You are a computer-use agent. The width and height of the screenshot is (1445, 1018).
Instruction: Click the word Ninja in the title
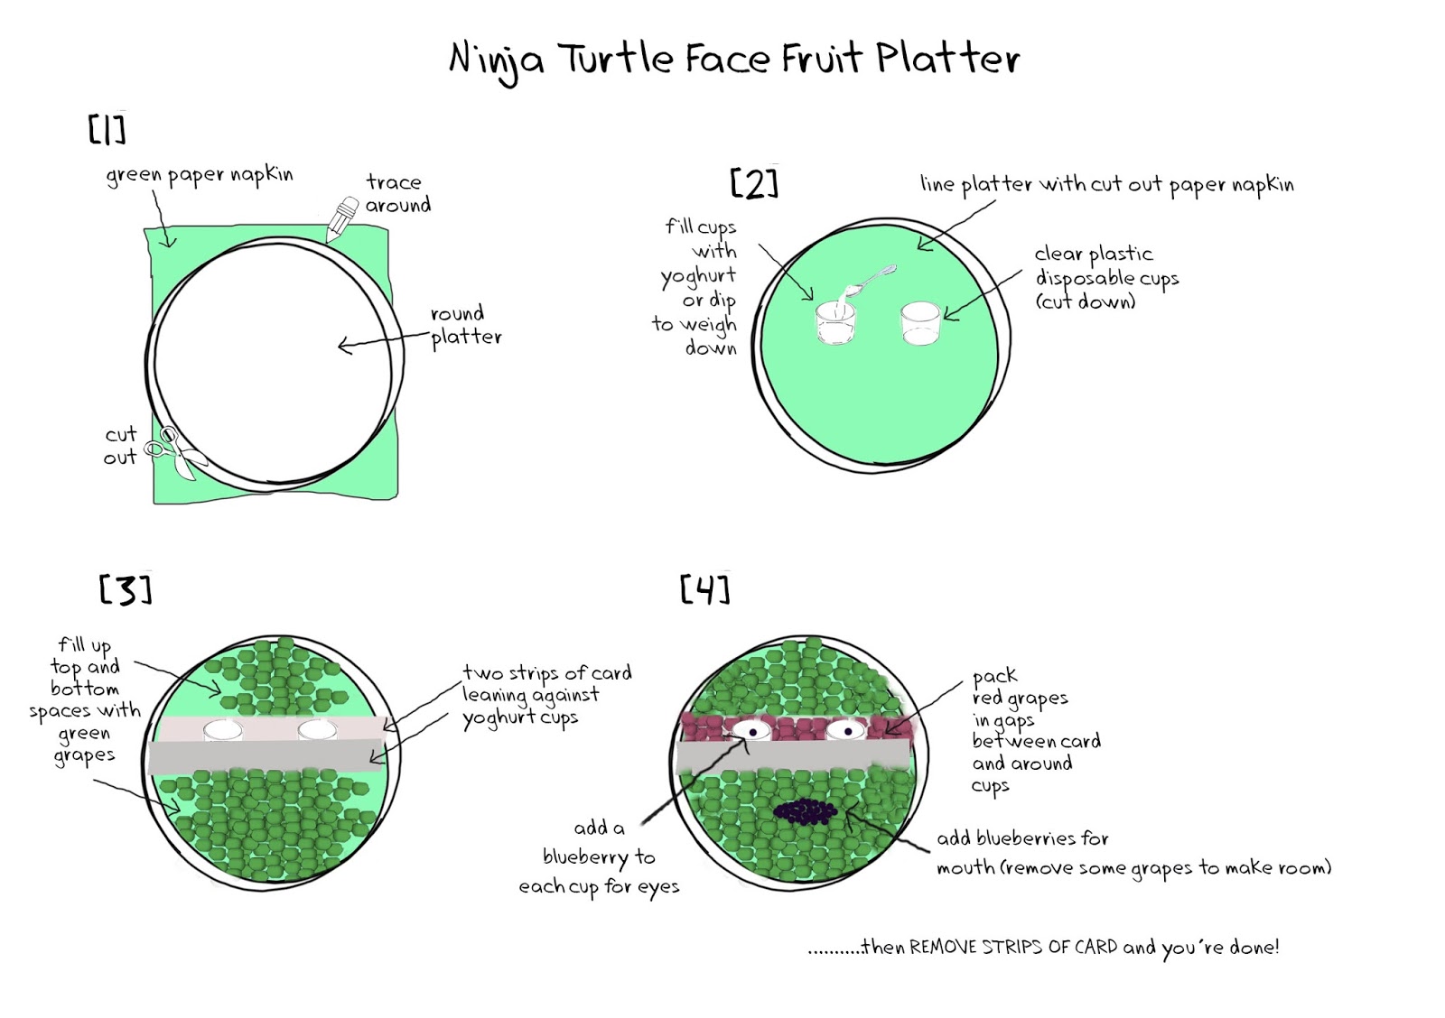click(x=496, y=60)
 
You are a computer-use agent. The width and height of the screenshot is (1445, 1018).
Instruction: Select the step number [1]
click(x=107, y=129)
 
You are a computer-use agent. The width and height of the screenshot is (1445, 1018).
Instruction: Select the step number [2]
click(x=753, y=183)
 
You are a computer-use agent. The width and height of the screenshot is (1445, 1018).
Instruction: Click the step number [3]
click(x=125, y=590)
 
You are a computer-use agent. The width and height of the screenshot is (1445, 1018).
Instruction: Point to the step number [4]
click(x=704, y=590)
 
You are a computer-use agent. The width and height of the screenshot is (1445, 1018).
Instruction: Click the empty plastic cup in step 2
click(x=921, y=323)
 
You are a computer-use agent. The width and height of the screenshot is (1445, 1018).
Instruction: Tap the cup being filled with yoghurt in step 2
click(x=834, y=323)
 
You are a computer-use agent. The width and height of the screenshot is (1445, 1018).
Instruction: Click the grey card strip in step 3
click(x=266, y=756)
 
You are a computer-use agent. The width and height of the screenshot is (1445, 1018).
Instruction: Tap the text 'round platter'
click(x=464, y=326)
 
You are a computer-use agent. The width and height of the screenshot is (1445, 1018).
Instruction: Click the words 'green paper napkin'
click(x=200, y=174)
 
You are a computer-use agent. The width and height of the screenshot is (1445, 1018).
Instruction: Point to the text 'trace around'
click(x=396, y=193)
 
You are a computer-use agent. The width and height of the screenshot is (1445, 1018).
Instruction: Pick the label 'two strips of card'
click(x=546, y=673)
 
